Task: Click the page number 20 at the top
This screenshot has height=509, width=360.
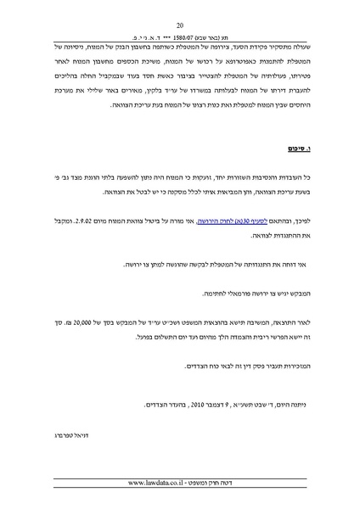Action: click(180, 25)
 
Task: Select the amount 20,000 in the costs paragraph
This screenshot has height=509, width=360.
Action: click(107, 323)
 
